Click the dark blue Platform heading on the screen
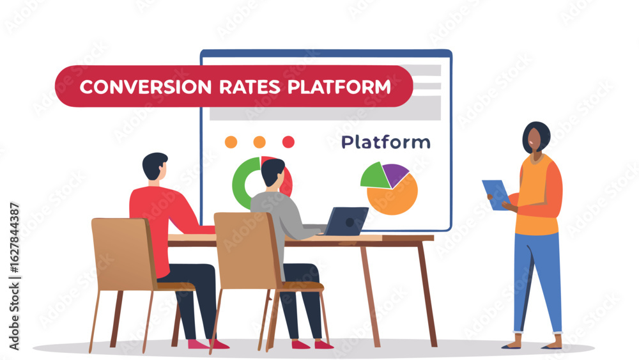coord(385,142)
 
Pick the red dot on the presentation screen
coord(288,142)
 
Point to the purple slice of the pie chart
coord(396,173)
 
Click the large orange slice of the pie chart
coord(394,196)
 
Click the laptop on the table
coord(346,221)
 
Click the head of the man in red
coord(155,166)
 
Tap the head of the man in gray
coord(272,173)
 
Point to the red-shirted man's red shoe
coord(217,344)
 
